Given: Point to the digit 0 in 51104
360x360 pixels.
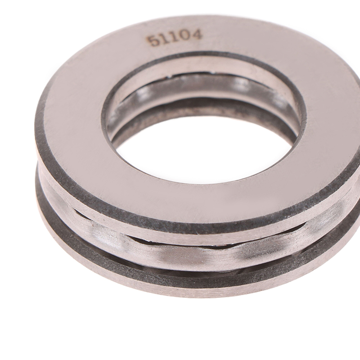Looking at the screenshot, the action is [x=185, y=37].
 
